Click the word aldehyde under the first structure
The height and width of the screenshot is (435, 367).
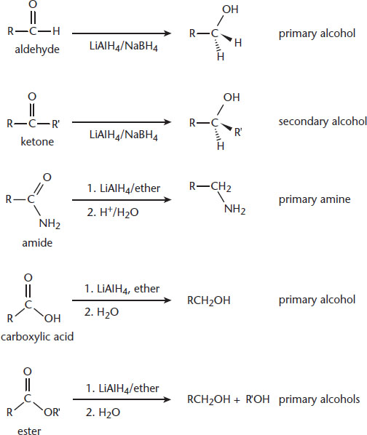(37, 49)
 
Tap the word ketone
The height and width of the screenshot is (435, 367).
(37, 142)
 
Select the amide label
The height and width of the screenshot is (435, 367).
(37, 243)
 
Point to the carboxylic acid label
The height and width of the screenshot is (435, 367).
(37, 337)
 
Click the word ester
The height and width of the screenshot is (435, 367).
(29, 431)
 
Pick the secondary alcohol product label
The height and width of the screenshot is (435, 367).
(323, 121)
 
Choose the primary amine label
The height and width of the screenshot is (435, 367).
(315, 199)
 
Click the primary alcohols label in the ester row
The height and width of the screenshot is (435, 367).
(319, 399)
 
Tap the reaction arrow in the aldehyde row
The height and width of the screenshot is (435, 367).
(122, 33)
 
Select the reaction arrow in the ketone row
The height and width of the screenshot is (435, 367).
(122, 122)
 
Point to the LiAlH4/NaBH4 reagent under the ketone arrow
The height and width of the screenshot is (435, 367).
(124, 135)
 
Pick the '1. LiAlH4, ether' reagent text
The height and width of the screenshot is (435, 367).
(122, 289)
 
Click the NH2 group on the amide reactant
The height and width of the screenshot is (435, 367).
(50, 223)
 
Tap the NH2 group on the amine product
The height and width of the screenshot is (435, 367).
(234, 209)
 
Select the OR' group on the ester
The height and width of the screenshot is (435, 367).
(52, 412)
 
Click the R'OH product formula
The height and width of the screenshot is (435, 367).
(258, 399)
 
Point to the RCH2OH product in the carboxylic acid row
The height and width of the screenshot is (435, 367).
(209, 300)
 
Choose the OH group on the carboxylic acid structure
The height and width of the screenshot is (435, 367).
(52, 318)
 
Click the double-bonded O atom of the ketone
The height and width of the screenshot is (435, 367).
(32, 97)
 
